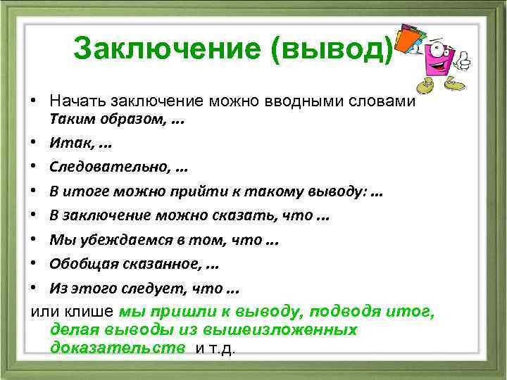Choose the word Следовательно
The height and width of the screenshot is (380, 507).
point(106,167)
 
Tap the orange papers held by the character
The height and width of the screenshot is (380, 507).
point(410,39)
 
